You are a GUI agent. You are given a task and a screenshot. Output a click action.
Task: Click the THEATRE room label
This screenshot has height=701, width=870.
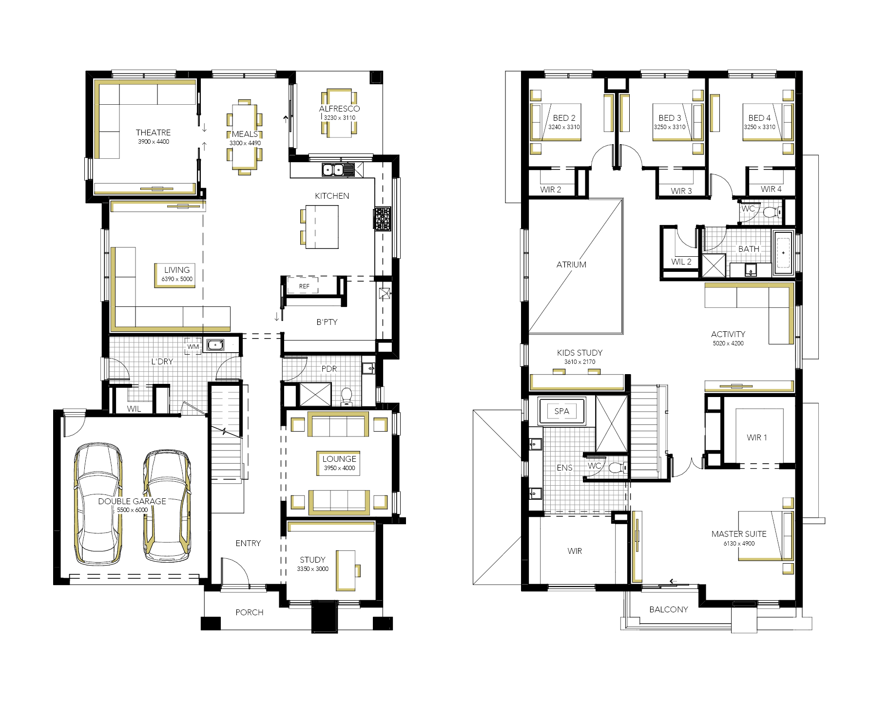coord(153,133)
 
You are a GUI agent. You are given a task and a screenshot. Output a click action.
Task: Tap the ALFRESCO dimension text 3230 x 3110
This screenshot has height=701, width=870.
coord(340,117)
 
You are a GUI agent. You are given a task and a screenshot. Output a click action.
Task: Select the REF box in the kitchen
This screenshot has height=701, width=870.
coord(304,286)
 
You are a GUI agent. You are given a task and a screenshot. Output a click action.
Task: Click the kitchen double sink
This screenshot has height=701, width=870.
coord(333,170)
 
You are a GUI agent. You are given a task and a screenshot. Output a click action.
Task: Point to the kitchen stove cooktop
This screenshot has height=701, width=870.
coord(382,218)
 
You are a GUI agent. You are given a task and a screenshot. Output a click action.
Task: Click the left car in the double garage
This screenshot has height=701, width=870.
coord(97,504)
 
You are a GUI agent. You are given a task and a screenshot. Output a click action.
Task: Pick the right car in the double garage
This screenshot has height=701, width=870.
coord(167,507)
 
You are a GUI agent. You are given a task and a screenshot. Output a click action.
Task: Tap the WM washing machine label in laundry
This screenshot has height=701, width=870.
coord(193,347)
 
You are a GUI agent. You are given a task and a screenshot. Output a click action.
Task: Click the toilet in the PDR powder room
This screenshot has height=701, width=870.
coord(347,397)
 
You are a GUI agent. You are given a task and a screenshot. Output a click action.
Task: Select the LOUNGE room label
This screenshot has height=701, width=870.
coord(339,459)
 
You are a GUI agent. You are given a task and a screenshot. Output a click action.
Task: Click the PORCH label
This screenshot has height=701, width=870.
coord(249,612)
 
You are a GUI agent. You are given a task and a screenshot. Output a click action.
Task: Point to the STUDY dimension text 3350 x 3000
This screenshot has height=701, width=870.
coord(312,568)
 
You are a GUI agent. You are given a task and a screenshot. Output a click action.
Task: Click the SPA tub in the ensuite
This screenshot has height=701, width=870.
coord(561,411)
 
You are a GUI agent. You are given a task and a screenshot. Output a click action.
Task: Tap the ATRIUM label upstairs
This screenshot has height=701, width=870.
coord(571,265)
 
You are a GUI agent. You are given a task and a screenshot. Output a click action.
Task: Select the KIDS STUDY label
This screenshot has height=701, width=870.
coord(580,353)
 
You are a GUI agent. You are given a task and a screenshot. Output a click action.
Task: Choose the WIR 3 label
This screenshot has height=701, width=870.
coord(681,191)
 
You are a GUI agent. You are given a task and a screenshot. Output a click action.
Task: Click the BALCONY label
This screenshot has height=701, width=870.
coord(669,609)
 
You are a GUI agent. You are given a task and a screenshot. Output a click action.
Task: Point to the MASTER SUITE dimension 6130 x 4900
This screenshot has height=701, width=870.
coord(739,543)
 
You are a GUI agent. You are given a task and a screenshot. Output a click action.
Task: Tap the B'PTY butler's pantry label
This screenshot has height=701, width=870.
coord(327,322)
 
